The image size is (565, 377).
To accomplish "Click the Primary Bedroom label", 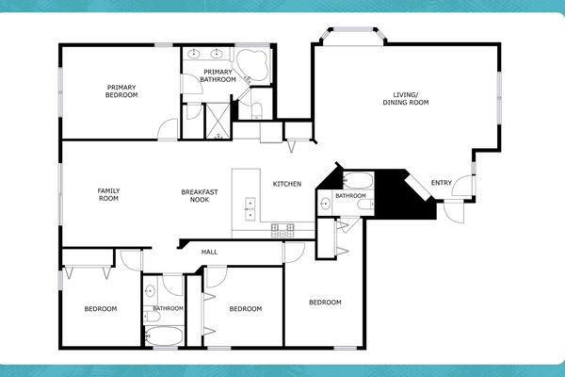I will tap(121, 91).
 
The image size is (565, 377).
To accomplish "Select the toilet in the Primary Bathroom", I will tap(256, 110).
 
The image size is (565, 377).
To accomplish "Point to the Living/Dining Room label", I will tap(406, 97).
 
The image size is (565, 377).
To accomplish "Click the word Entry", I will tap(441, 183).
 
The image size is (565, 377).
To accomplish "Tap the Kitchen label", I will tap(287, 184).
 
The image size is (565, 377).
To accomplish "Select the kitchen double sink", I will tap(250, 208).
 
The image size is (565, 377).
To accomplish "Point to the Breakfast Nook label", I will tap(200, 196).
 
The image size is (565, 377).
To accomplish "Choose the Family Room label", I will tap(109, 195).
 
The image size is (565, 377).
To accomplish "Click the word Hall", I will tap(210, 252).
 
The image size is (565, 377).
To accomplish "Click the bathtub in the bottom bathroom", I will tap(167, 336).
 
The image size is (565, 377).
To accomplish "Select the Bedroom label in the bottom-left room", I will tap(100, 309).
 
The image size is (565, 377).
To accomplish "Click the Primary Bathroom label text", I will tap(218, 75).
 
